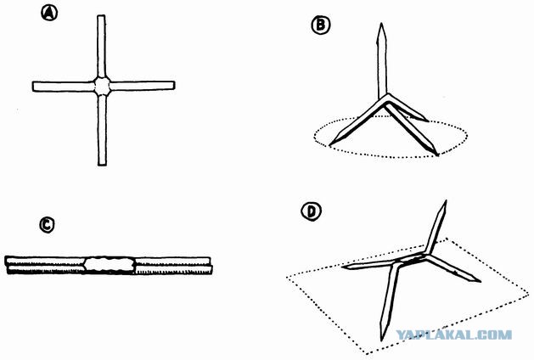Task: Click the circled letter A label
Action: (x=49, y=14)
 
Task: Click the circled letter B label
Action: (x=321, y=25)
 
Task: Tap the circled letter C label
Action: (x=47, y=225)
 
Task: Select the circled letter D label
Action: (x=311, y=211)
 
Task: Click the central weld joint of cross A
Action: (x=102, y=86)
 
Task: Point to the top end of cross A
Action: (x=101, y=15)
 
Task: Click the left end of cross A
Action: (x=33, y=87)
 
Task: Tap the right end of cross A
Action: (x=174, y=85)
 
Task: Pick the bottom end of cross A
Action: (x=102, y=165)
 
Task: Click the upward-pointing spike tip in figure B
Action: (x=382, y=24)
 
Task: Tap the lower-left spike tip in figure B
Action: (x=330, y=144)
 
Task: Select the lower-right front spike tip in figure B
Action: (x=437, y=155)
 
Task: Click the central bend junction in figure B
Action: (x=385, y=98)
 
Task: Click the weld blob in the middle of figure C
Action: (x=110, y=264)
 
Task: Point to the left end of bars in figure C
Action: (x=7, y=265)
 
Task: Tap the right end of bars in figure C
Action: (x=211, y=265)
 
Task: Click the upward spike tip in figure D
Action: (x=446, y=201)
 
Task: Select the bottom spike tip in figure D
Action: (x=382, y=340)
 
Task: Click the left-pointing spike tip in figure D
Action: (x=342, y=267)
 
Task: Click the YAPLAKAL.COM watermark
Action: (x=453, y=335)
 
